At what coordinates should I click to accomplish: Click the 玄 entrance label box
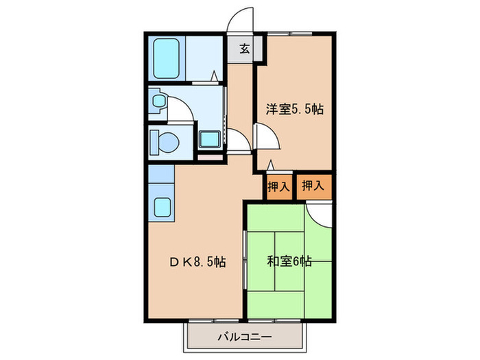[x=245, y=48]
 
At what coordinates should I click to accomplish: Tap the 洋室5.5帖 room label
[x=295, y=108]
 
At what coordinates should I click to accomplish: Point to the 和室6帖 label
[x=289, y=261]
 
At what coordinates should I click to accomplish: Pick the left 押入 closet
[x=278, y=186]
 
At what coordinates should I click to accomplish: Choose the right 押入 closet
[x=313, y=185]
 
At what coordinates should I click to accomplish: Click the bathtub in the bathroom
[x=167, y=59]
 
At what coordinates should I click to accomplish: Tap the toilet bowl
[x=163, y=142]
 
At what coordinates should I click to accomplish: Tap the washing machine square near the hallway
[x=209, y=139]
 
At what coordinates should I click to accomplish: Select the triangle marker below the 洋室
[x=271, y=165]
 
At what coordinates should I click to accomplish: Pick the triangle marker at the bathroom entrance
[x=215, y=76]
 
